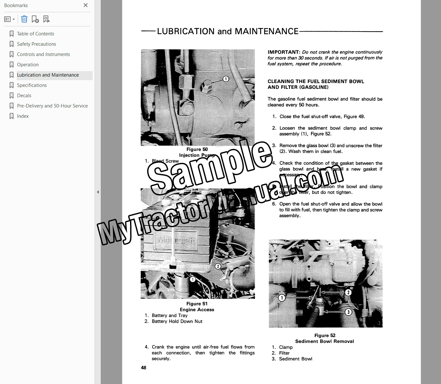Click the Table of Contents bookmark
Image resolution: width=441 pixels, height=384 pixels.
[x=35, y=34]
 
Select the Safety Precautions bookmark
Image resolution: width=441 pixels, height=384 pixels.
[x=36, y=44]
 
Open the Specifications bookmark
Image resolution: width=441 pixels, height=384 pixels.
[x=32, y=85]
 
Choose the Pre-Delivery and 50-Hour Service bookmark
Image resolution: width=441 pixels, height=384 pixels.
[x=52, y=106]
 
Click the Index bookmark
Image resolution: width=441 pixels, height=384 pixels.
[x=23, y=116]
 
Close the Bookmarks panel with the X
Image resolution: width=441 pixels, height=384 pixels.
[x=86, y=5]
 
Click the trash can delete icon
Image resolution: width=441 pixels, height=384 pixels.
[x=24, y=19]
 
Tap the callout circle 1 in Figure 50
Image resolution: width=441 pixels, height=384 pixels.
[x=226, y=79]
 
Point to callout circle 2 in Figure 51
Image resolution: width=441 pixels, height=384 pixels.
[x=218, y=266]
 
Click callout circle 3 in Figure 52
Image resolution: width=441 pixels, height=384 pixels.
[x=348, y=312]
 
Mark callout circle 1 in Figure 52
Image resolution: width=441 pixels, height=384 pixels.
[x=282, y=298]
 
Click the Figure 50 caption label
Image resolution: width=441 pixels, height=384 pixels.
[x=197, y=149]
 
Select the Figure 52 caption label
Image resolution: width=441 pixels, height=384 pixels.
[x=325, y=335]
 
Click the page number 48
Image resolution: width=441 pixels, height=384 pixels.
[x=144, y=368]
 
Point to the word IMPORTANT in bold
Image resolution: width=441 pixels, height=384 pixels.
[x=284, y=52]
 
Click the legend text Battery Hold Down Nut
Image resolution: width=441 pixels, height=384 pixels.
[x=177, y=321]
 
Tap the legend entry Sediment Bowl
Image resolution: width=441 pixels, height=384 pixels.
[x=296, y=359]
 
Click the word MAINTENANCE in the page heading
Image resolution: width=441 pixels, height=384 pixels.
[x=267, y=31]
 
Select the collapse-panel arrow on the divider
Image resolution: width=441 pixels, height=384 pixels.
[x=98, y=192]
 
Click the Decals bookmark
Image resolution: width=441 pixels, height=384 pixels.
[x=24, y=96]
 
